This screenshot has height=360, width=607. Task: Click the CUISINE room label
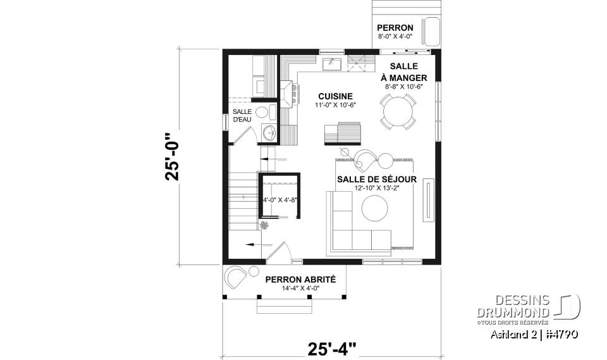point(335,96)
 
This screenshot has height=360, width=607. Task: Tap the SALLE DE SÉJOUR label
point(377,180)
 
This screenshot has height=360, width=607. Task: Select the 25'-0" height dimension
point(172,157)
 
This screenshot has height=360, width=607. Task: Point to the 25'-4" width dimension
point(332,349)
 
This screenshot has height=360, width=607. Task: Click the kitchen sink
point(332,64)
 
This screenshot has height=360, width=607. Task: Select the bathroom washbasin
point(269,133)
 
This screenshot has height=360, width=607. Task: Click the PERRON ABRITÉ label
point(300,280)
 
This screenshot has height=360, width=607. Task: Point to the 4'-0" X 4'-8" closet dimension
point(280,201)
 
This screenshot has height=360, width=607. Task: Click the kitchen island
point(342,133)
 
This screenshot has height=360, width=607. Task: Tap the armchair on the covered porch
point(235,277)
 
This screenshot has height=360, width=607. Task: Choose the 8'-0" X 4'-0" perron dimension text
point(395,37)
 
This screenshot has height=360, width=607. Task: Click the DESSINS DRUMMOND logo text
point(513,306)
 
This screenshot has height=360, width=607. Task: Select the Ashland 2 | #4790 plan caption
point(534,334)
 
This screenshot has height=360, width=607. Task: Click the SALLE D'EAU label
point(242,116)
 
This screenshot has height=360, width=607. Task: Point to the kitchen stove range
point(290,94)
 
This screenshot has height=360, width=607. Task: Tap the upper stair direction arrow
point(273,159)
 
